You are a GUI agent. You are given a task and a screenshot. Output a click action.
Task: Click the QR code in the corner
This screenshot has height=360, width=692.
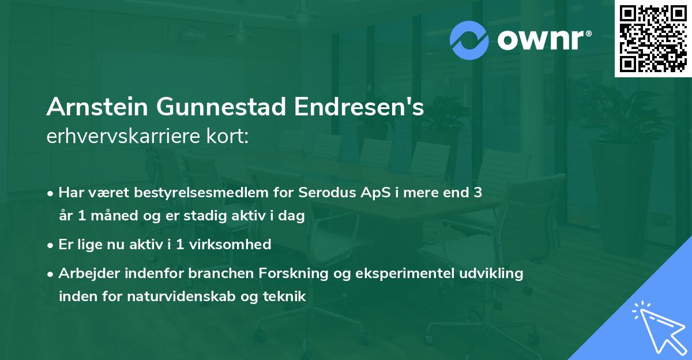(x=653, y=39)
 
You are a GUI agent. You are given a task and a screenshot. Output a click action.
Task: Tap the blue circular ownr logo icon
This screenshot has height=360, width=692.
(x=469, y=40)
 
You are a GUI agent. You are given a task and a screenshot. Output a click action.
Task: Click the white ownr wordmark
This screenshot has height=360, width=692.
(x=544, y=40)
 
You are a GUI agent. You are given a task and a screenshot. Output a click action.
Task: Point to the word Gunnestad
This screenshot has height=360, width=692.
(x=221, y=107)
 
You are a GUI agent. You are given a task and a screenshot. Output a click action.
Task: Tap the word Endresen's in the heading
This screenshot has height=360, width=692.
(x=359, y=107)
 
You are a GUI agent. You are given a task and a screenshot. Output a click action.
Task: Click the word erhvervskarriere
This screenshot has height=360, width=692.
(x=123, y=136)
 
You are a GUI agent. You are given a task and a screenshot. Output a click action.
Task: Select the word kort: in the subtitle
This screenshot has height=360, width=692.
(x=227, y=136)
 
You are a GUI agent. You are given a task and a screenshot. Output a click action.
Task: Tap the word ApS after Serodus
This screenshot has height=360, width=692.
(x=375, y=193)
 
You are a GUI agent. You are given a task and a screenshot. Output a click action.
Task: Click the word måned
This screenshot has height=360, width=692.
(x=114, y=215)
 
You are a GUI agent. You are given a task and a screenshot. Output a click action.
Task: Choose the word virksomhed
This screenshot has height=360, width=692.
(x=230, y=244)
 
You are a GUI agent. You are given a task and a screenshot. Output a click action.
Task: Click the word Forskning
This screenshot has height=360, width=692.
(x=293, y=273)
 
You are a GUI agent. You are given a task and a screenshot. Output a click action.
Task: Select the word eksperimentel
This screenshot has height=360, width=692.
(x=405, y=273)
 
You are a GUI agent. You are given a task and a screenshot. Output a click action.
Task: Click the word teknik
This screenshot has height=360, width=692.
(x=284, y=296)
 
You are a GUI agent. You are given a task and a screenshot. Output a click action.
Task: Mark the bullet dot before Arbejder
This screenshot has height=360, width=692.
(x=50, y=274)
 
